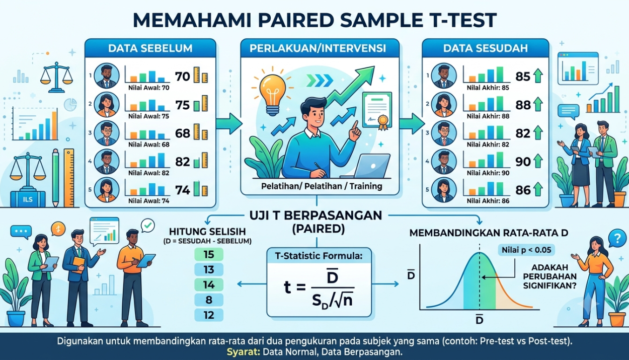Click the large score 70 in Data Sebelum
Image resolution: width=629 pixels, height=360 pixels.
pos(183,77)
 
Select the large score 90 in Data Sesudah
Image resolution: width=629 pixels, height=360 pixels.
pos(523,162)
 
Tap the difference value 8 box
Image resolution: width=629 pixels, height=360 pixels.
pos(209,300)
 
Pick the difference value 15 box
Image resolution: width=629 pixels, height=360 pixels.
pos(209,254)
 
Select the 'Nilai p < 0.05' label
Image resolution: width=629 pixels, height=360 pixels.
pos(526,250)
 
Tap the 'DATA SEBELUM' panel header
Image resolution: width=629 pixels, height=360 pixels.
pos(150,48)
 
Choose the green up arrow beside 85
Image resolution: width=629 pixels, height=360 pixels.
pos(538,76)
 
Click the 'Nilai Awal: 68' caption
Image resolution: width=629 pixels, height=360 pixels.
pos(149,145)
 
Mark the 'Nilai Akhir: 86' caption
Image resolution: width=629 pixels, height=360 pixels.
pos(488,201)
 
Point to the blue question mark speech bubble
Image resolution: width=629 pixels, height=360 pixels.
pos(617,239)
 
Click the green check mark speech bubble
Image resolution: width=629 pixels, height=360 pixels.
pos(148,226)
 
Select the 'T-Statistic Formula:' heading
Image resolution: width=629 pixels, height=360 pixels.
pos(319,256)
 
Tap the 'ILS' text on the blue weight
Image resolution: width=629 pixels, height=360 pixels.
pos(28,199)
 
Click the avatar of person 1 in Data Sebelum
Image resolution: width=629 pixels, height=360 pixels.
pos(106,76)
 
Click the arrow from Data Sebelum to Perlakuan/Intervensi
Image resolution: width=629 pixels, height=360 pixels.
pos(229,123)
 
